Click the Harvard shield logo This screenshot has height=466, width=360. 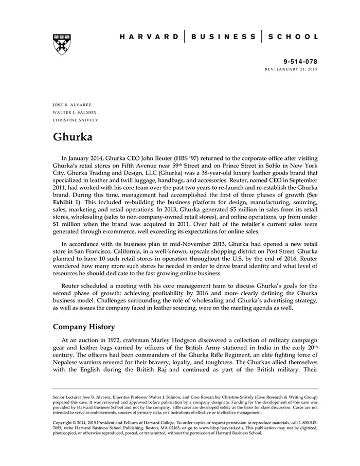[x=62, y=45]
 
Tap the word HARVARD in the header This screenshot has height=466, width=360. [x=150, y=37]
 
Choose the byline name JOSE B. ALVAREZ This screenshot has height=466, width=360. [x=73, y=105]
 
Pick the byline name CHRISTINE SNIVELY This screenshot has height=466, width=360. [x=76, y=120]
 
